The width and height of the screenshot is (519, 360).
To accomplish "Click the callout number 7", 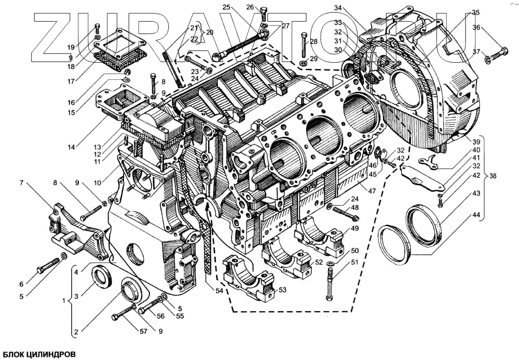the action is pos(21,183).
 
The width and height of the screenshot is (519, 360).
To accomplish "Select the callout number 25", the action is pos(226,7).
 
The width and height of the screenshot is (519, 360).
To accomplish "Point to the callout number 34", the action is pos(338,8).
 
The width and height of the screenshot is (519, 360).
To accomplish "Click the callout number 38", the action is pos(493,176).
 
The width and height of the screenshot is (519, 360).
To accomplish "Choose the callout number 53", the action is pos(282,289).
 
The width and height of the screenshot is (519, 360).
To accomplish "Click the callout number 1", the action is pos(64,300).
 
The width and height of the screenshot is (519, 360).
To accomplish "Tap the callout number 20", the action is pos(210,32).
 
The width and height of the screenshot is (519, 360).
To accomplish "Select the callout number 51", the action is pos(354,262).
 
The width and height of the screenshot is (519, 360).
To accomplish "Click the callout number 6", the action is pos(21,284).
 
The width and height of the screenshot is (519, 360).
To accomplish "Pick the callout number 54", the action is pos(219,290).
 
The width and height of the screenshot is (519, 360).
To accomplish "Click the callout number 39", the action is pos(476,141).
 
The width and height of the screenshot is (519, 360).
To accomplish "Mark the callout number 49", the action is pos(354,229).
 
